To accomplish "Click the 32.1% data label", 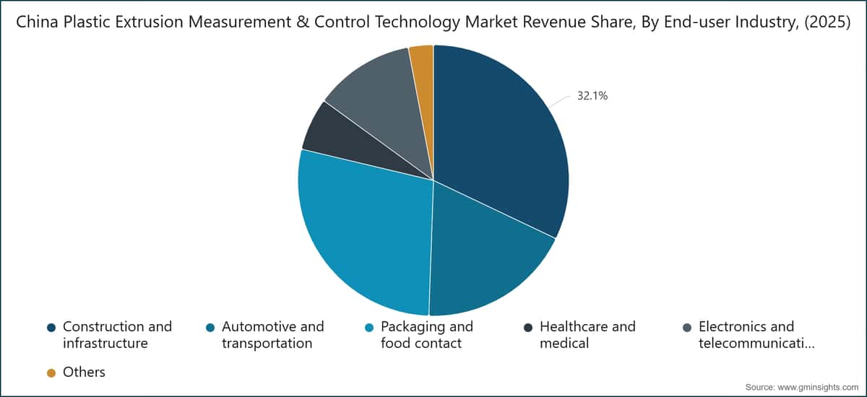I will (592, 95).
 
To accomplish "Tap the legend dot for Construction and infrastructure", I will (51, 328).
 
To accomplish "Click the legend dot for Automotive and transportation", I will (210, 328).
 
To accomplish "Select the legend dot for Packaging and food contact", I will (369, 328).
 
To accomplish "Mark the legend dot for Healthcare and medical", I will (528, 328).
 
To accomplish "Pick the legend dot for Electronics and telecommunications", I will (687, 328).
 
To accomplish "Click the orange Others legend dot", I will (51, 373).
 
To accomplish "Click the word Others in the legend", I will (84, 372).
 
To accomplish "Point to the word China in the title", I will (35, 22).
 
